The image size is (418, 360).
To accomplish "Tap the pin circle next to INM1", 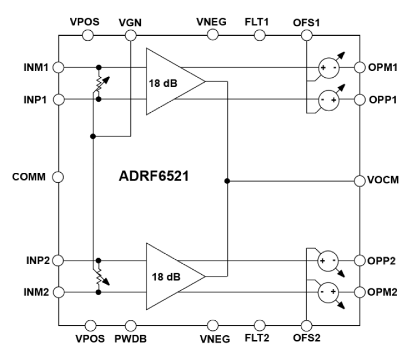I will pos(59,67).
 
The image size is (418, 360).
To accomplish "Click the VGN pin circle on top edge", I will pos(130,35).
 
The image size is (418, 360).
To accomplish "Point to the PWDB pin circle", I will pos(130,325).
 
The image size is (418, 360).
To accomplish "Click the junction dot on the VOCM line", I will pos(227,180).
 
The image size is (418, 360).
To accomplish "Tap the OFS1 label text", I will pos(307,23).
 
